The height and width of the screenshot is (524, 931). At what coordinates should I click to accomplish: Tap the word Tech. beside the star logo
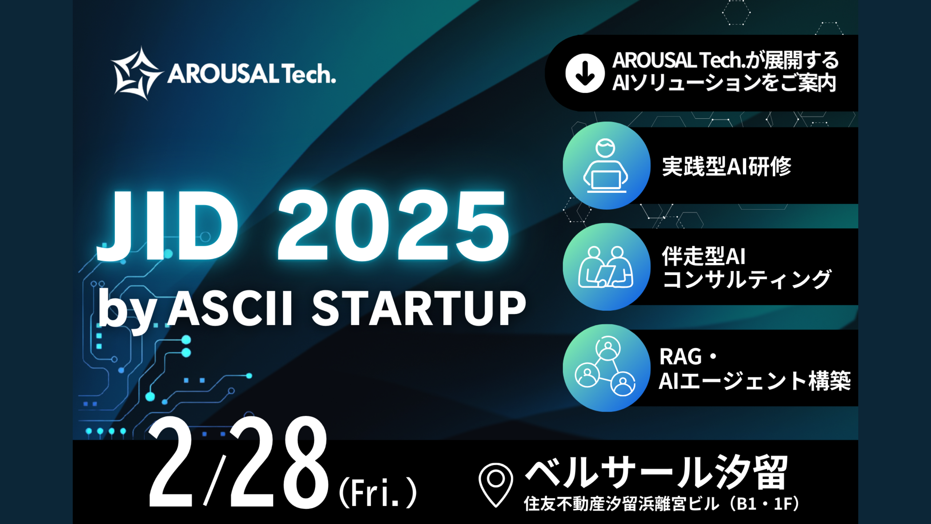tap(308, 74)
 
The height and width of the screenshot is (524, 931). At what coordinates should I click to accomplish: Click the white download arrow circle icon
tap(585, 73)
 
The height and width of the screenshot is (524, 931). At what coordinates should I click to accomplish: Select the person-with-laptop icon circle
tap(606, 166)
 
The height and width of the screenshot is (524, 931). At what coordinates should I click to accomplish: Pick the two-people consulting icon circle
tap(606, 267)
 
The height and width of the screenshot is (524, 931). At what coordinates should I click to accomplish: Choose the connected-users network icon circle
tap(606, 368)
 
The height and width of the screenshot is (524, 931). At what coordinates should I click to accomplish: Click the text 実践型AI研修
tap(726, 167)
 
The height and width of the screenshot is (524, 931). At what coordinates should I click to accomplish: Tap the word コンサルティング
tap(746, 279)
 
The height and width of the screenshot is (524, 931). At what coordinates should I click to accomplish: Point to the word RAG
tap(680, 357)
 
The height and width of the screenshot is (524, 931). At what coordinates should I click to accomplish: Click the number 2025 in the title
tap(393, 226)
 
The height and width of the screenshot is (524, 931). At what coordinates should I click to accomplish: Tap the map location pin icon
tap(496, 484)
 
